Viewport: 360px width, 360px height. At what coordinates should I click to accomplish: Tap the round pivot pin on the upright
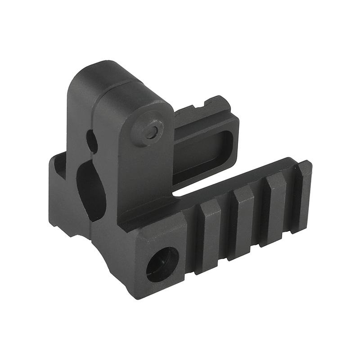[x=144, y=131]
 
